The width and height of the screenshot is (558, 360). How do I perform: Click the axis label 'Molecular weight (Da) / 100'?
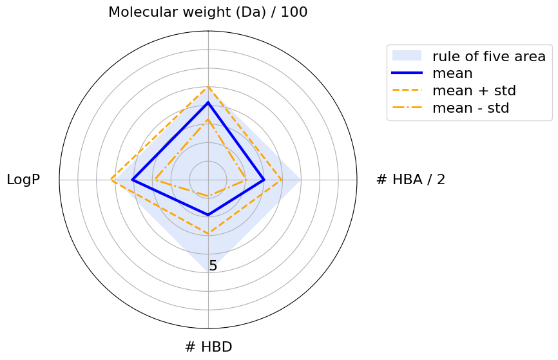click(207, 12)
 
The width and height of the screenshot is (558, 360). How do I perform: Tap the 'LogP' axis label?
click(23, 180)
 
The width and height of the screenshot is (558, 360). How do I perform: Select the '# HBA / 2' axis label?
click(410, 180)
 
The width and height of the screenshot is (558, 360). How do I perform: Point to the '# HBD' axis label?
click(208, 347)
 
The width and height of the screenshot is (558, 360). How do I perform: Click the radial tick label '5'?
click(213, 266)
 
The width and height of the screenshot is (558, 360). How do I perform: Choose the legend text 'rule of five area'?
click(489, 56)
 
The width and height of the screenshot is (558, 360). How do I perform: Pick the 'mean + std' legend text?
click(474, 91)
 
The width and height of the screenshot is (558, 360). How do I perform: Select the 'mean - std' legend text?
click(471, 108)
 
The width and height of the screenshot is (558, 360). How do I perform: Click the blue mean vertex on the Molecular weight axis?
click(208, 102)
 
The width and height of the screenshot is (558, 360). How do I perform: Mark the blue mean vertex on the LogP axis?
click(133, 180)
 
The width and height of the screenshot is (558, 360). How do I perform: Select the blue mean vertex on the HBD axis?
click(208, 214)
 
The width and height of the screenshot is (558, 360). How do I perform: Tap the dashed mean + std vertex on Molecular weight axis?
click(208, 87)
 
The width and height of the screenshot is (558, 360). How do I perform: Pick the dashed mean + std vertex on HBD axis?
click(208, 233)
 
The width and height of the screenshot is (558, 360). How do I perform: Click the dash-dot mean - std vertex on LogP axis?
click(154, 180)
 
